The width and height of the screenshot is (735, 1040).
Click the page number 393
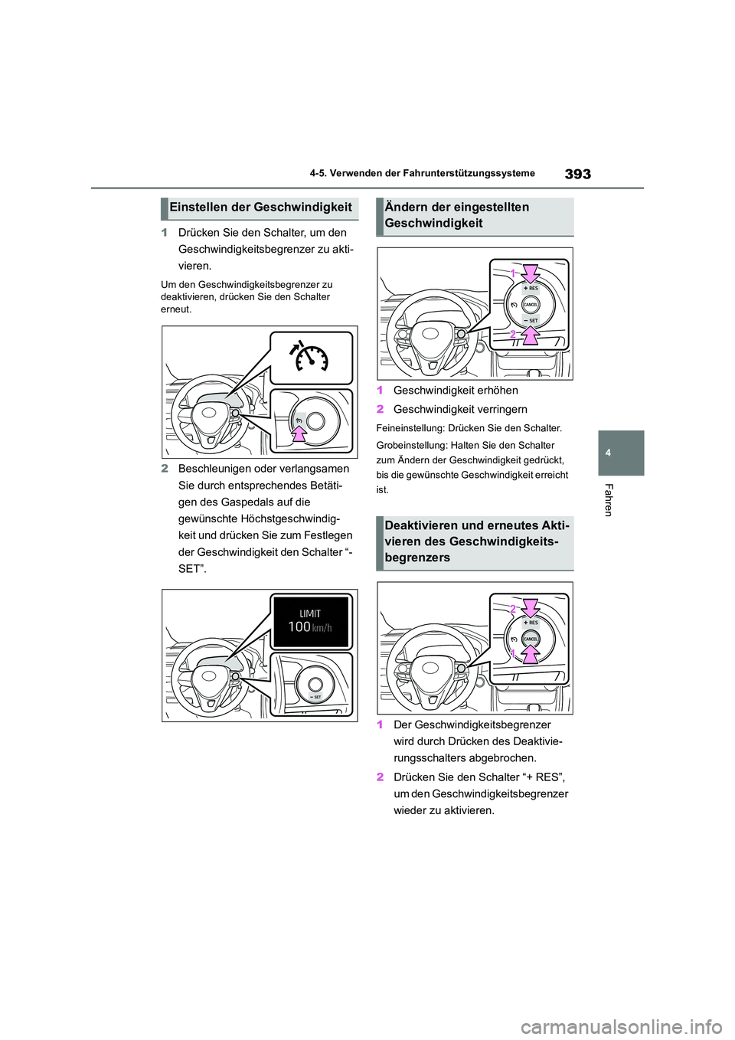click(x=577, y=174)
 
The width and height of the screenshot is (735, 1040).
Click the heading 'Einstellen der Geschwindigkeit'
click(x=260, y=207)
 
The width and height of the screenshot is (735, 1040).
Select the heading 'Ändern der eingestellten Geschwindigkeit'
click(x=457, y=215)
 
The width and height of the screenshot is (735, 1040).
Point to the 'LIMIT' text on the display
click(x=310, y=613)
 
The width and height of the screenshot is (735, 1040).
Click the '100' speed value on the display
click(x=299, y=626)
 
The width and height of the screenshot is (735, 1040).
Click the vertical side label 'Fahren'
click(x=609, y=500)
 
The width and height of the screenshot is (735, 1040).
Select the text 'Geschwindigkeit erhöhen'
click(x=456, y=391)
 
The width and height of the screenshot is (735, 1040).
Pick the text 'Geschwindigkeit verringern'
click(x=460, y=410)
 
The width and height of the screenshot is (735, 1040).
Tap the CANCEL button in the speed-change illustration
click(x=531, y=304)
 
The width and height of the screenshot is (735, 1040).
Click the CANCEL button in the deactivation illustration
click(x=531, y=638)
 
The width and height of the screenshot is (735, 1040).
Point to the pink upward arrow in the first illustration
click(x=299, y=433)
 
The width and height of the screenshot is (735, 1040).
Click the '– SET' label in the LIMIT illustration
click(x=315, y=697)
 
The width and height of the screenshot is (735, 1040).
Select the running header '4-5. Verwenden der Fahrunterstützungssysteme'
click(x=423, y=174)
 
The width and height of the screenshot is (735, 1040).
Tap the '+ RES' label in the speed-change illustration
click(x=531, y=289)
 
